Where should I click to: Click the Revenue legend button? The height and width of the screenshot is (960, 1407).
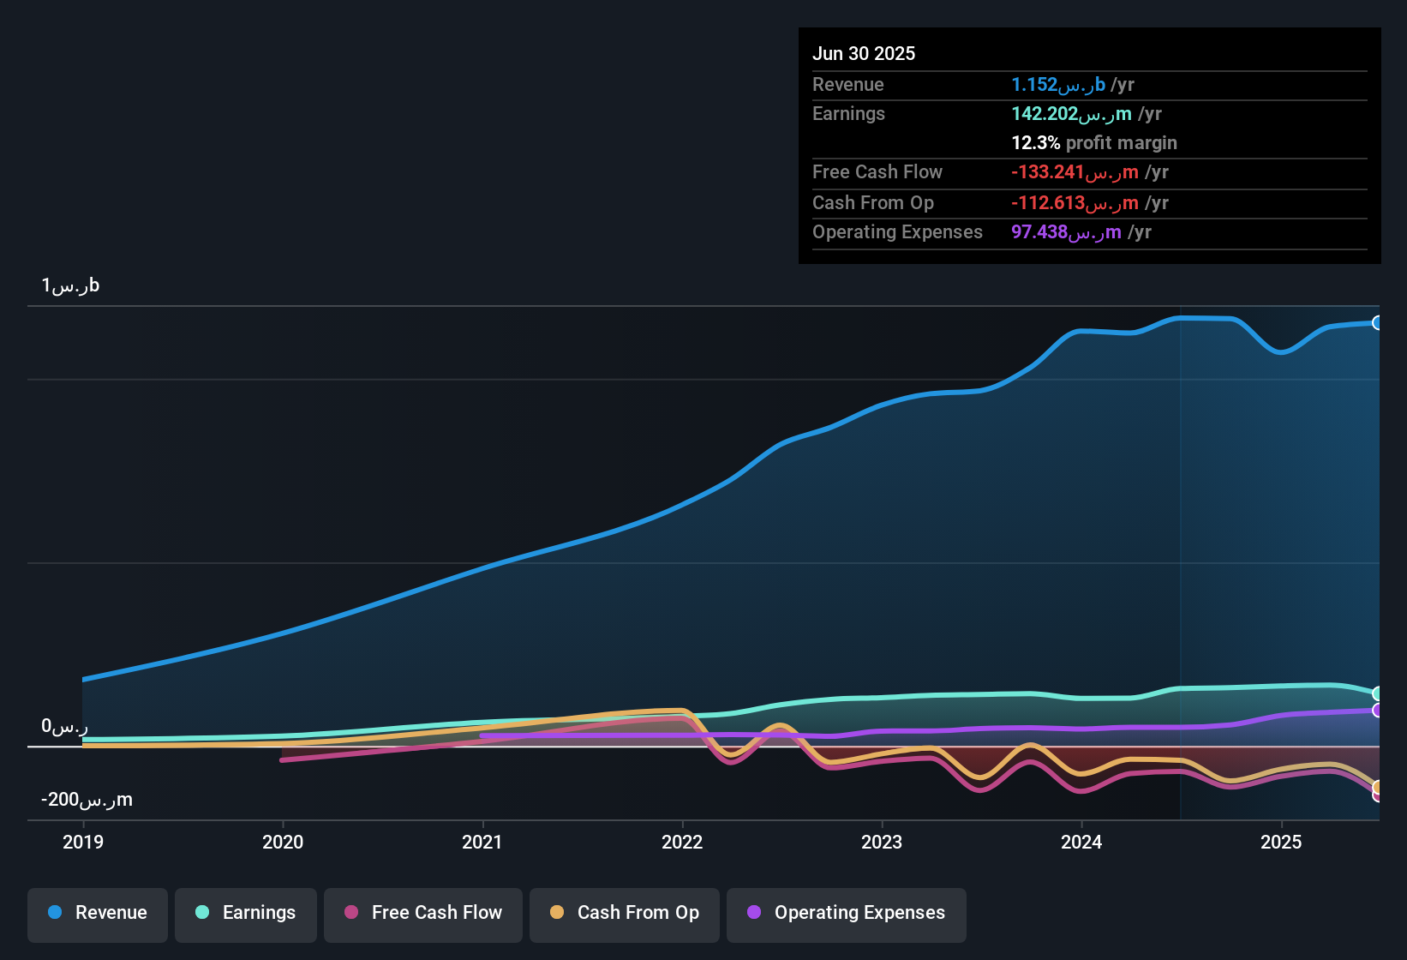point(98,913)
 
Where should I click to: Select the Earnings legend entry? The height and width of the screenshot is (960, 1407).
point(246,913)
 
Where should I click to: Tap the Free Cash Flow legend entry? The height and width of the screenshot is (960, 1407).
point(423,913)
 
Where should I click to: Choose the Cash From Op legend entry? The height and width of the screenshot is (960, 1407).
point(625,913)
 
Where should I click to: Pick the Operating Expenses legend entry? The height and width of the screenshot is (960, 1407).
point(847,913)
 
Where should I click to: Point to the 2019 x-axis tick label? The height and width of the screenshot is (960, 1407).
point(83,842)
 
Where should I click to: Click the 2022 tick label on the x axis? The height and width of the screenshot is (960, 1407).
point(682,842)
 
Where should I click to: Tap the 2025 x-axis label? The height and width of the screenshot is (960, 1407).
point(1281,842)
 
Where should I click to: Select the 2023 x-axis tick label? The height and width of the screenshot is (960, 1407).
point(882,842)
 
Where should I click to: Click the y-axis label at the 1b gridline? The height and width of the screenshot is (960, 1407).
point(70,285)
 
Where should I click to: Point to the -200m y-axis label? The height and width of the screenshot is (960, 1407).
point(87,800)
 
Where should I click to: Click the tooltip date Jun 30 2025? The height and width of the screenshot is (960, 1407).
point(864,53)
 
